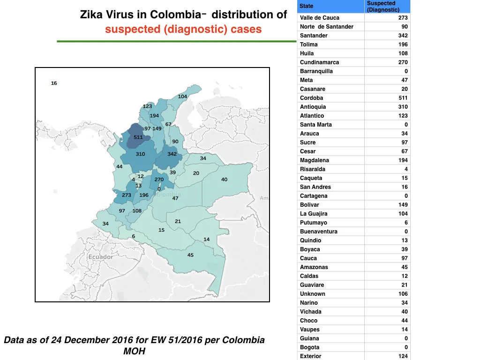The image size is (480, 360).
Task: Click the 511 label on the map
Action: (138, 137)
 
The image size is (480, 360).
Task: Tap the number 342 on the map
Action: (172, 154)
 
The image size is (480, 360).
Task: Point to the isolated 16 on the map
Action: (54, 83)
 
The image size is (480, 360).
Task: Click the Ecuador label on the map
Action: (101, 257)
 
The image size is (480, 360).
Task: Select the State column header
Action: (307, 6)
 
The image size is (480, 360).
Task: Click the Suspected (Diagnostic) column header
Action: (383, 7)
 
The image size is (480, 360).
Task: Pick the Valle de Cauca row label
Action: (320, 18)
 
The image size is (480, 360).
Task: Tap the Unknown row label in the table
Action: (313, 294)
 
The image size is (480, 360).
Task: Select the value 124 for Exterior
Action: (403, 356)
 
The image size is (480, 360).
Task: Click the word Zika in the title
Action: (91, 15)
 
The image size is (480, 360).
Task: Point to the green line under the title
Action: (177, 41)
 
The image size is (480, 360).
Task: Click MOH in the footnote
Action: (135, 351)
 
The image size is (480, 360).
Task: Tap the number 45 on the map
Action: (190, 255)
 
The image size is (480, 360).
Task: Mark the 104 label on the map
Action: (182, 97)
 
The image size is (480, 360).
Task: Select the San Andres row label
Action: (315, 187)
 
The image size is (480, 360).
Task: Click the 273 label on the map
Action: (127, 195)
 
